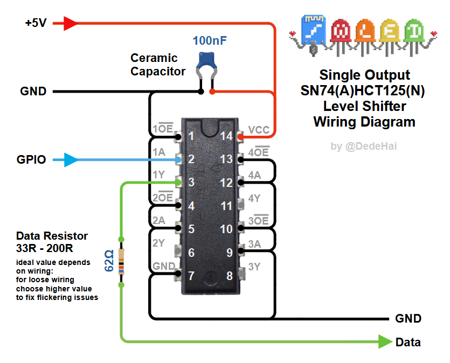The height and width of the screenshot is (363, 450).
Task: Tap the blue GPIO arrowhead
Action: tap(71, 159)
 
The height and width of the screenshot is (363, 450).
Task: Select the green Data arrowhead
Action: tap(385, 341)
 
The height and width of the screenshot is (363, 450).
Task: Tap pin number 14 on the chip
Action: tap(227, 136)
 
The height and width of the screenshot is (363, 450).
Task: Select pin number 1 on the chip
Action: tap(191, 136)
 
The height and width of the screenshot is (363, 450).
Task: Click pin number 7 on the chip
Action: tap(191, 276)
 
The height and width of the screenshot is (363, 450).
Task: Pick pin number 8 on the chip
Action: tap(230, 276)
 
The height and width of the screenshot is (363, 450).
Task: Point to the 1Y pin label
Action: tap(158, 174)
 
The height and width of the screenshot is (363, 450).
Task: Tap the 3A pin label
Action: tap(255, 244)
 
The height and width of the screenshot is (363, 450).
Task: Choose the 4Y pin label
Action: tap(254, 198)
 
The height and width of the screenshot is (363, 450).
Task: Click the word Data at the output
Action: tap(408, 342)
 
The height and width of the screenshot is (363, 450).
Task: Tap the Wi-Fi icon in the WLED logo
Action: tap(313, 30)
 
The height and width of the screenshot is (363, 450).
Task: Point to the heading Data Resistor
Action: tap(52, 236)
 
